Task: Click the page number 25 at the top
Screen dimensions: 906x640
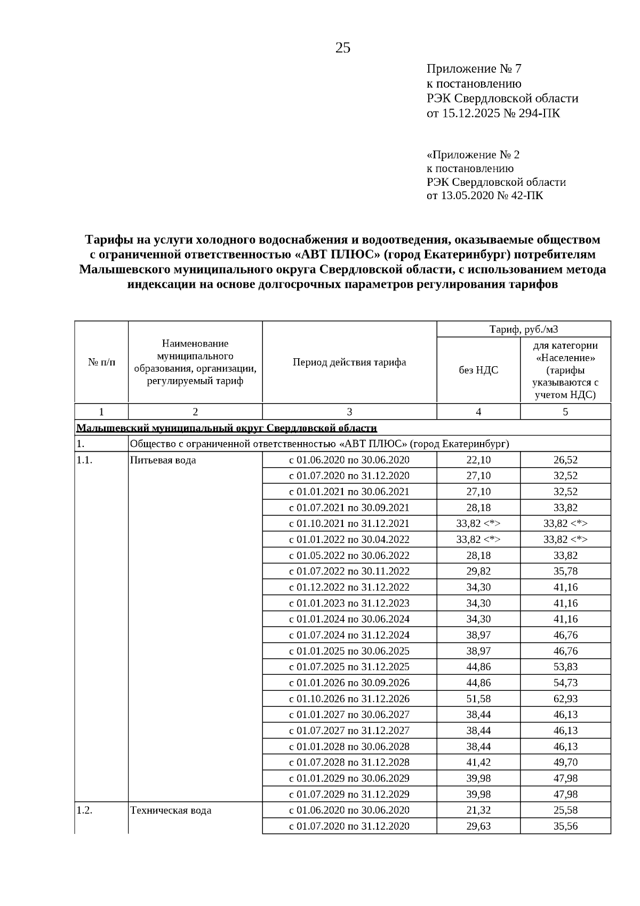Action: (342, 49)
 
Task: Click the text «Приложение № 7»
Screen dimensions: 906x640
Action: (474, 69)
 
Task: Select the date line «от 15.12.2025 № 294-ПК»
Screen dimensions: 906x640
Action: (493, 113)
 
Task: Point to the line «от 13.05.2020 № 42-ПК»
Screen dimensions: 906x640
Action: (485, 195)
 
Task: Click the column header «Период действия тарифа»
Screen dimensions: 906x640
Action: (349, 363)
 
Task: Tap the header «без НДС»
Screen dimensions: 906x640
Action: (478, 370)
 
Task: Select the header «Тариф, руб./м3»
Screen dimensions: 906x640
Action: (523, 329)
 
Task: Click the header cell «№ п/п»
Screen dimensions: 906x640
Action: (101, 363)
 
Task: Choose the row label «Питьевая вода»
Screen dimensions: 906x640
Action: (163, 460)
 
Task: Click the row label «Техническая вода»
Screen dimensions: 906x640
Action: (171, 810)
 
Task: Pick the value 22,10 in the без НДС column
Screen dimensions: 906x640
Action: (478, 460)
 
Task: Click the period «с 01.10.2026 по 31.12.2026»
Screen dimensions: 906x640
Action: (349, 699)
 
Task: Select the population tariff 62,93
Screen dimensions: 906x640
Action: (565, 699)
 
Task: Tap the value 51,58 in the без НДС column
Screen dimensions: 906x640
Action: (478, 699)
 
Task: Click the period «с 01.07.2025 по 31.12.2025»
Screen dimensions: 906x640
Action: (349, 667)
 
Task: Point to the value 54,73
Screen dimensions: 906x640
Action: (565, 683)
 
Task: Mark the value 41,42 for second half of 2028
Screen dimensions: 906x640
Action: (478, 762)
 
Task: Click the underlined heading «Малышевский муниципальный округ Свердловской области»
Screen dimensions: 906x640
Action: (227, 428)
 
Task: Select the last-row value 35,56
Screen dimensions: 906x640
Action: (565, 826)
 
